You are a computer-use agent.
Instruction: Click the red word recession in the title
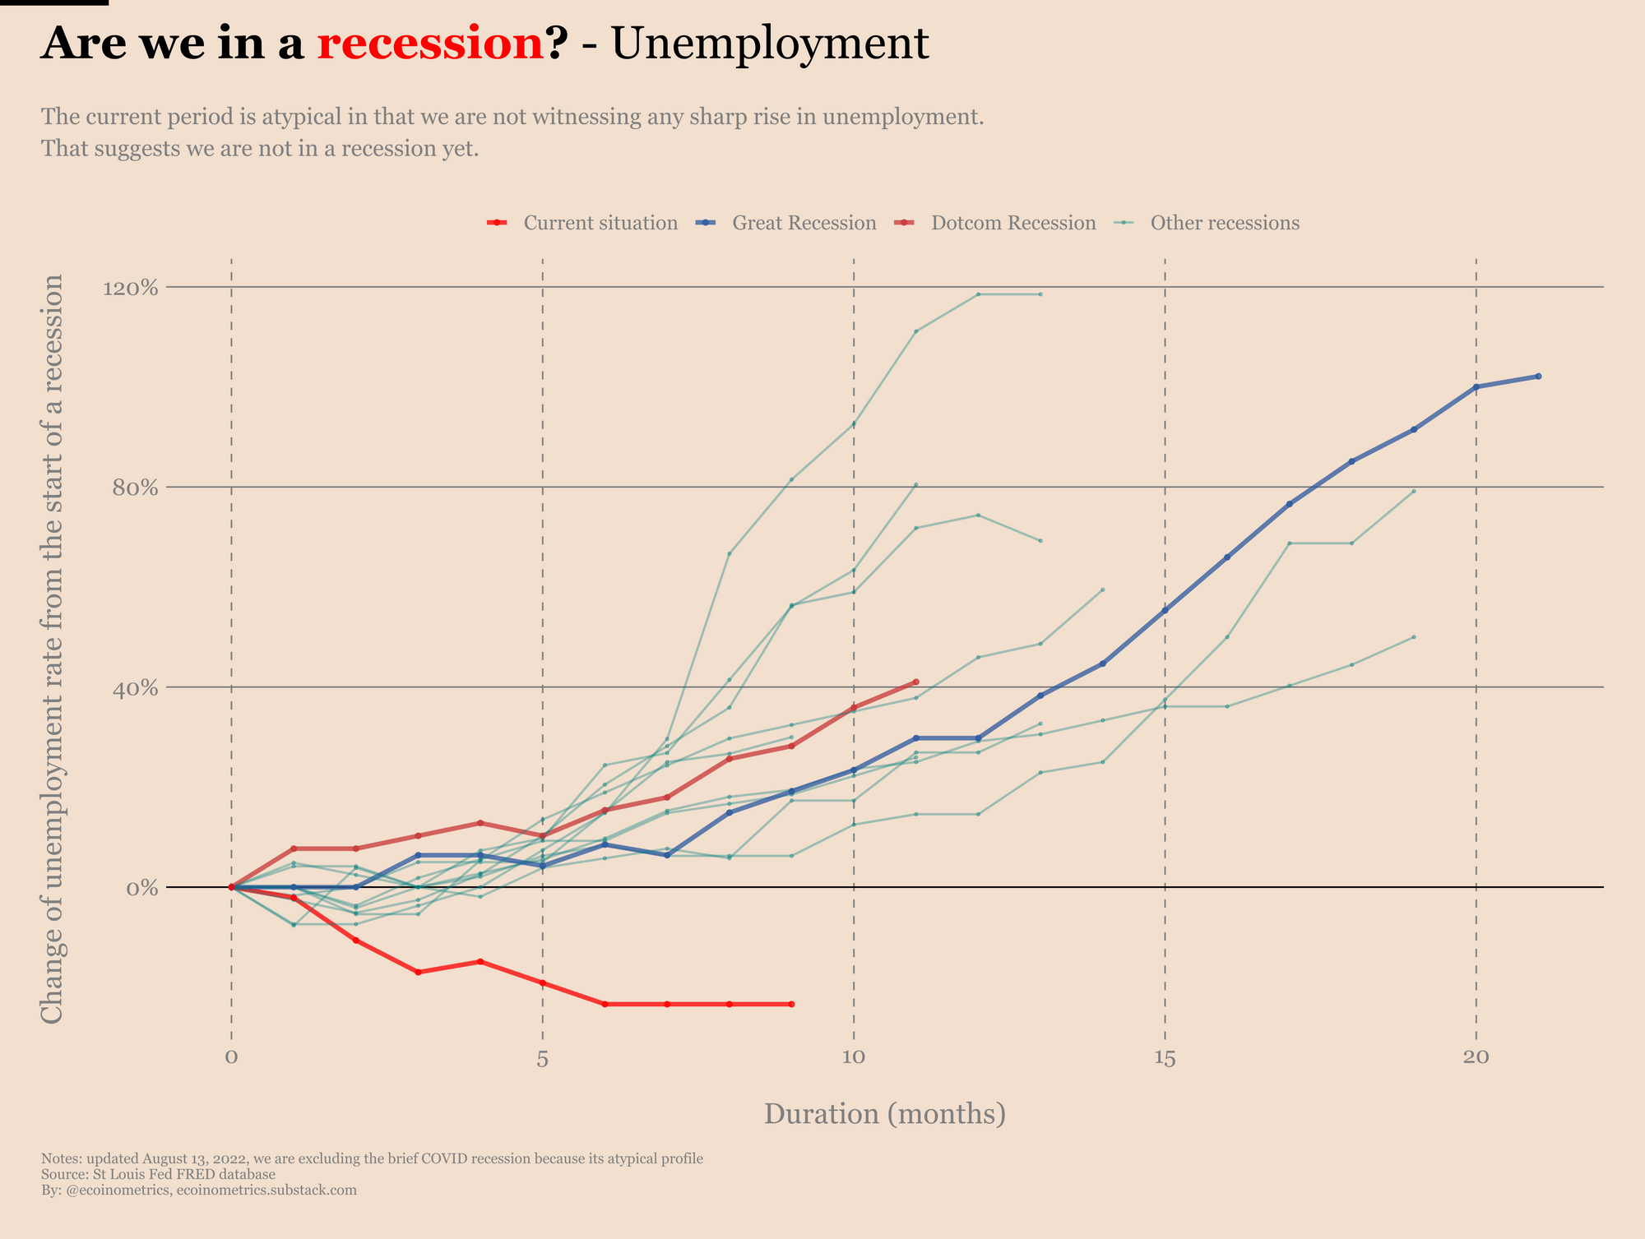(x=430, y=44)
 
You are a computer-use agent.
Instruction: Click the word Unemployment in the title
(x=770, y=44)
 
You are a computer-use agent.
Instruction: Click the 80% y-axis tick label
(x=133, y=488)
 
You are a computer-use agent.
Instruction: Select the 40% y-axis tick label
(x=133, y=687)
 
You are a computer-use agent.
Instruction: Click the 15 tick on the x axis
(x=1165, y=1057)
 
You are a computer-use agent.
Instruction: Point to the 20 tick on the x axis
(x=1476, y=1057)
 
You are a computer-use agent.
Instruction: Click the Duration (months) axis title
(x=885, y=1114)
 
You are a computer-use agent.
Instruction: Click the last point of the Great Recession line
(x=1538, y=376)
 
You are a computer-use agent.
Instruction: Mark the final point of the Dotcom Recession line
(x=915, y=682)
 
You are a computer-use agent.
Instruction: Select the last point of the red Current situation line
(x=791, y=1004)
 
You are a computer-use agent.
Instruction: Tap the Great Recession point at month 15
(x=1165, y=610)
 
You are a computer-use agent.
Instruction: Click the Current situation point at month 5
(x=542, y=982)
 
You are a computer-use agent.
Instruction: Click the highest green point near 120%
(x=978, y=294)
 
